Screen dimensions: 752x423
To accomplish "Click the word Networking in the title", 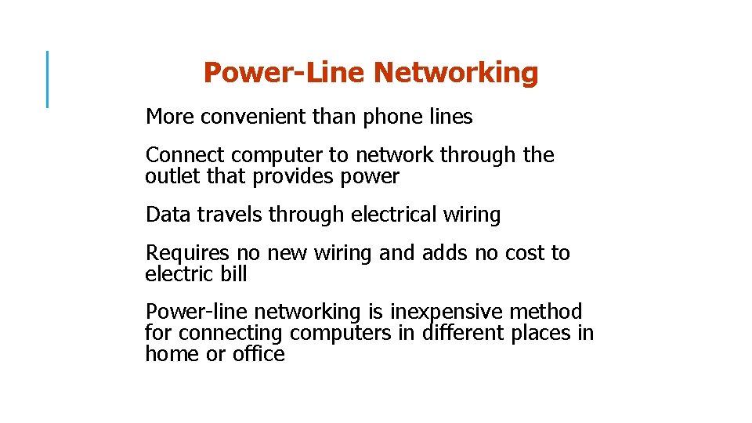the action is point(456,73).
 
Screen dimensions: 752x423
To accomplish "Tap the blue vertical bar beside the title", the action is point(48,78).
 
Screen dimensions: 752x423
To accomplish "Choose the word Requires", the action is point(187,253).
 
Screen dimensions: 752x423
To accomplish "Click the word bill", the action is point(233,274).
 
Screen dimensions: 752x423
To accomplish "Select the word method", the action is point(546,312).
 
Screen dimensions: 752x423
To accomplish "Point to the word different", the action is point(463,333).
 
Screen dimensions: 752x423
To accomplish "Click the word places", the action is point(540,333).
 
